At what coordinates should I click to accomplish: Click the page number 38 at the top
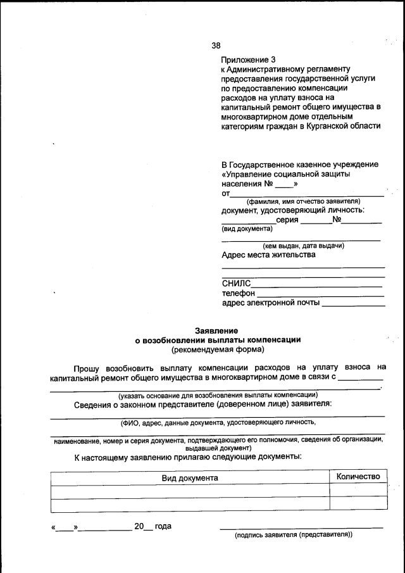click(216, 45)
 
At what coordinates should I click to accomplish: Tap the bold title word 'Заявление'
click(217, 331)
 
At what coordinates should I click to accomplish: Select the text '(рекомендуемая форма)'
click(217, 349)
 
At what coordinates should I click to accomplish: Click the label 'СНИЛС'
click(236, 284)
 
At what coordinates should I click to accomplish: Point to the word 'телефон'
click(239, 293)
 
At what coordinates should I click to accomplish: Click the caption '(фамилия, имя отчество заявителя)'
click(303, 201)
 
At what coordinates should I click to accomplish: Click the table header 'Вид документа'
click(189, 478)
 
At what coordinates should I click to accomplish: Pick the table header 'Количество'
click(358, 477)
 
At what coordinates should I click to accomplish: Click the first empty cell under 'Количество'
click(358, 491)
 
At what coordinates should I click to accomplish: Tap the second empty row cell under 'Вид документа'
click(189, 505)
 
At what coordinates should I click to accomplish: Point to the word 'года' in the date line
click(163, 526)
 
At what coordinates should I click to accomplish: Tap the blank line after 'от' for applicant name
click(306, 192)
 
